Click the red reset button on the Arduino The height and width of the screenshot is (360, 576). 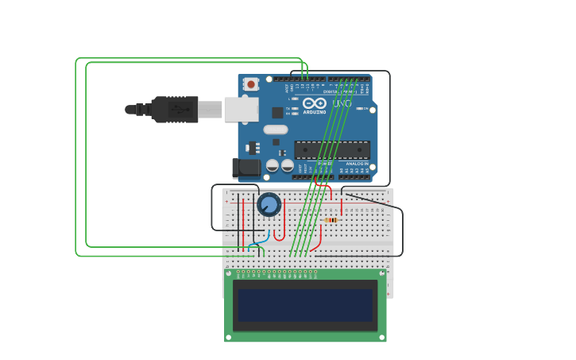[x=251, y=83]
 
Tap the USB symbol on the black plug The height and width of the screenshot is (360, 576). [x=181, y=110]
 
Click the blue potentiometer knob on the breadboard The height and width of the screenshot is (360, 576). [x=269, y=205]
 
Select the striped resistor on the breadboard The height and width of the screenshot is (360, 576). [x=331, y=220]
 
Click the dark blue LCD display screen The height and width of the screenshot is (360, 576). [x=305, y=305]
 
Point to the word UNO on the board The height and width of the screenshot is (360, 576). [x=342, y=103]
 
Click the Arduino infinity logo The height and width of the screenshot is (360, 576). [x=315, y=103]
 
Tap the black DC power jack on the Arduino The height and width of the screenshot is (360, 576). [x=246, y=167]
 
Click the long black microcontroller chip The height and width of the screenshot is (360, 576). [x=332, y=149]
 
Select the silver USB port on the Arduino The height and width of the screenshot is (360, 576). [x=241, y=109]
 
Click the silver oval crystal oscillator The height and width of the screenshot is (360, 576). [x=276, y=130]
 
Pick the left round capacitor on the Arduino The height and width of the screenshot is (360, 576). [x=273, y=165]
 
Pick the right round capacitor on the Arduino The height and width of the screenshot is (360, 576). [x=287, y=165]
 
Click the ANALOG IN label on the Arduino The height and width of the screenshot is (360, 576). [x=357, y=163]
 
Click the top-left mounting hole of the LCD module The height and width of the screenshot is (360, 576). [x=229, y=273]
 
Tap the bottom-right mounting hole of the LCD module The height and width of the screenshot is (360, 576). [x=382, y=337]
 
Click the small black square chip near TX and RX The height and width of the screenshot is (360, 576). [x=277, y=113]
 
